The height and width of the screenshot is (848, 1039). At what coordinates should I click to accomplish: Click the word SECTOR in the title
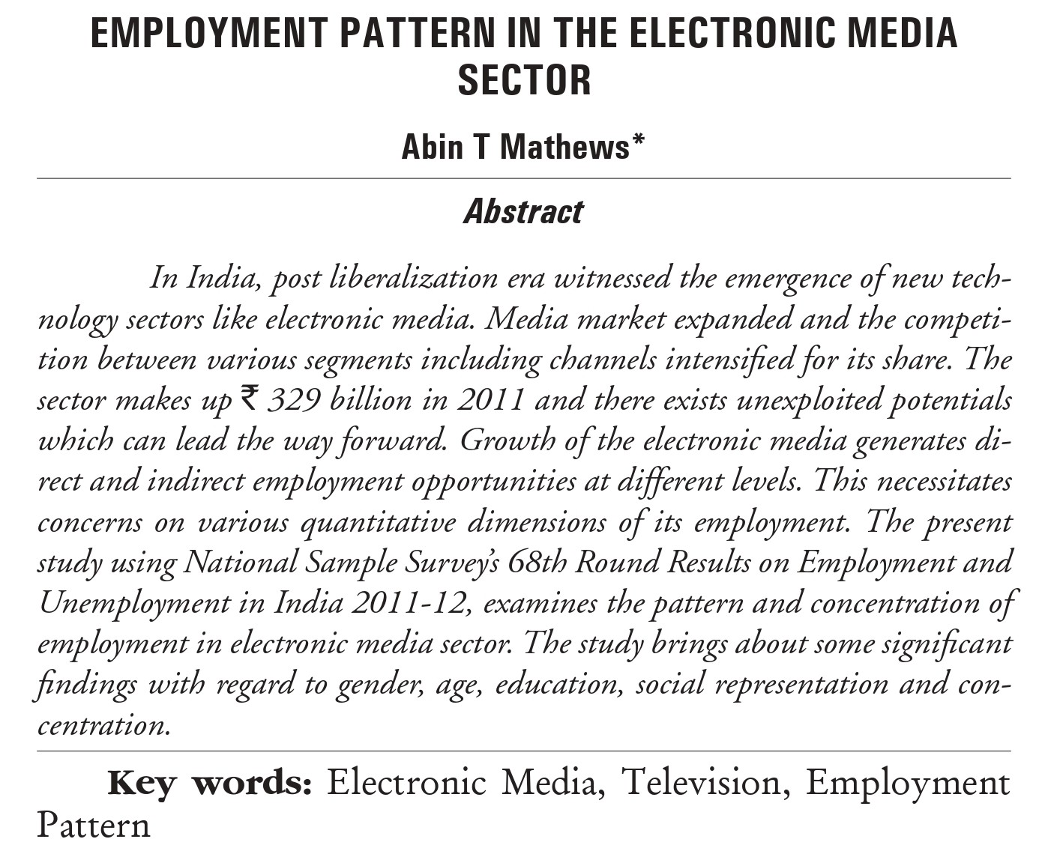(x=524, y=80)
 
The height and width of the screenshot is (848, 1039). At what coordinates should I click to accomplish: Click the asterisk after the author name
(x=638, y=140)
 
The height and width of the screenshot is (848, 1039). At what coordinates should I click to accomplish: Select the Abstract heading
(x=523, y=212)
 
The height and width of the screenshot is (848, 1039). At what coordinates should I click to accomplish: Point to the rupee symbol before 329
(x=248, y=397)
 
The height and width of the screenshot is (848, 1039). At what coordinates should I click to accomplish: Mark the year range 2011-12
(x=408, y=602)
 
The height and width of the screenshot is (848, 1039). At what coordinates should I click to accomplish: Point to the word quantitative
(x=378, y=521)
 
